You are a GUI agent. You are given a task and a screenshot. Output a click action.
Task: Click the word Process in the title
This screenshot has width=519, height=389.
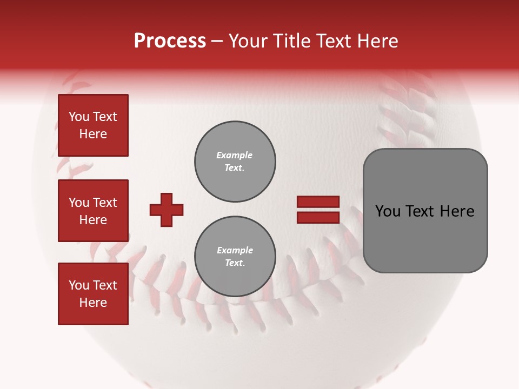tap(170, 41)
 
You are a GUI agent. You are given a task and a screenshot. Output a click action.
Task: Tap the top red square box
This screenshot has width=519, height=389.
tap(93, 125)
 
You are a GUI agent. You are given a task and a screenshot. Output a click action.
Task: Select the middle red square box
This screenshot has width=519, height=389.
tap(93, 211)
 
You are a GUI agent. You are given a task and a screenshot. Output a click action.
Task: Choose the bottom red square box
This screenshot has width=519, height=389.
tap(93, 294)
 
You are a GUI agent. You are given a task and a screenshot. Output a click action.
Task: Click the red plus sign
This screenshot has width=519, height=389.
tap(167, 210)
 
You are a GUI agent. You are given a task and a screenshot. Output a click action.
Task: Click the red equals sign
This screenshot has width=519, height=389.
tap(318, 210)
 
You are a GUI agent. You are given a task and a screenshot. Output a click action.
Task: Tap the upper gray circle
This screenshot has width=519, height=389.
tap(235, 162)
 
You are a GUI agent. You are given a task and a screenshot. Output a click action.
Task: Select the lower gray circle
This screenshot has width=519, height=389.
tap(235, 257)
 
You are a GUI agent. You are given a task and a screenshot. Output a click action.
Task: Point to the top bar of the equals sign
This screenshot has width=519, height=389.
tap(318, 202)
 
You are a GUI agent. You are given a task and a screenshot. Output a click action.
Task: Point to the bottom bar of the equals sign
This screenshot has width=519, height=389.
tap(318, 217)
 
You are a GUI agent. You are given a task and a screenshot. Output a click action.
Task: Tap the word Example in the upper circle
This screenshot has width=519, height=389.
tap(235, 155)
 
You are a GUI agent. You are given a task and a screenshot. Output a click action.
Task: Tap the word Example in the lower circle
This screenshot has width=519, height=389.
tap(235, 250)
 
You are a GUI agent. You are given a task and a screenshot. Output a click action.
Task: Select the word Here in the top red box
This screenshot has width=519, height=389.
tap(93, 134)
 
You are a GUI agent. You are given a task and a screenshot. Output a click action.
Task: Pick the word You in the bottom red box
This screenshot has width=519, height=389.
tap(79, 285)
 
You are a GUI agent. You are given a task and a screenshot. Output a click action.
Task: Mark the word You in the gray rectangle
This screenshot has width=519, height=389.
tap(388, 211)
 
